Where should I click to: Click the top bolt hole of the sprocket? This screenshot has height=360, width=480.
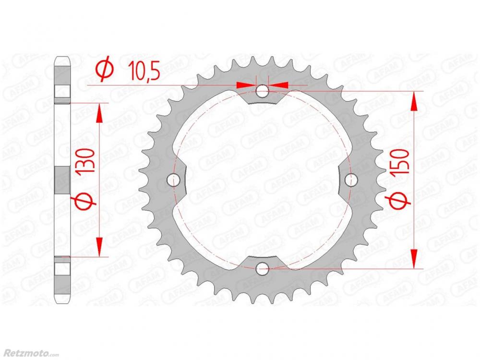262,91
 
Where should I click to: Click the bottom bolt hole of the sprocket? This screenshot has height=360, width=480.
262,269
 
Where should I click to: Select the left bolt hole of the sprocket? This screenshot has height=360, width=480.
173,180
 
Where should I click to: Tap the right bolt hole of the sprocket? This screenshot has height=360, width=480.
351,180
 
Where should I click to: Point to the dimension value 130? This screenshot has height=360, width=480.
86,163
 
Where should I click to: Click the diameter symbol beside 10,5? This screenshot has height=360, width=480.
105,70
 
